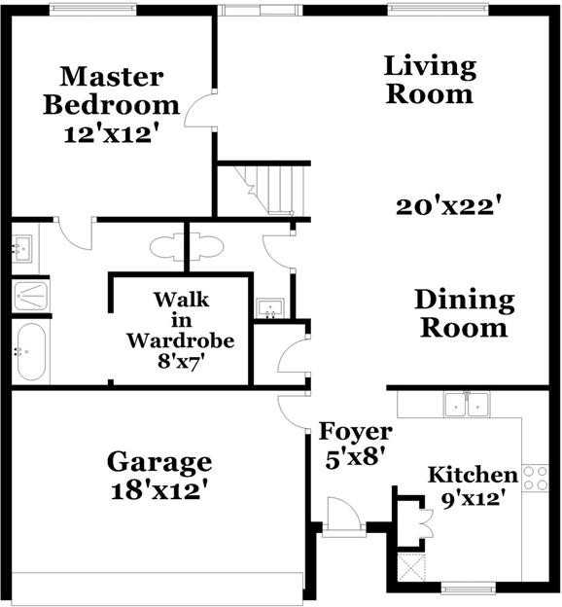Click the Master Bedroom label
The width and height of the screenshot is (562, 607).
[x=111, y=89]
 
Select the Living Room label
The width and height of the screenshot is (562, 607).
[x=429, y=80]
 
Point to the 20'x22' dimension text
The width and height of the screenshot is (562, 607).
[x=448, y=206]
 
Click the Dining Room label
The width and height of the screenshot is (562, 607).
[x=463, y=313]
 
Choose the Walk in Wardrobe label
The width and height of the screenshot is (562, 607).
[x=181, y=320]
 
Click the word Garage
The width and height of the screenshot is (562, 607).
[x=158, y=459]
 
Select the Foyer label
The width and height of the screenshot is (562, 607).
[x=356, y=431]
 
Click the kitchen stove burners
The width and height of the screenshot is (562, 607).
[x=536, y=478]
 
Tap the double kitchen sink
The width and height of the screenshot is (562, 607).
[x=466, y=404]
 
